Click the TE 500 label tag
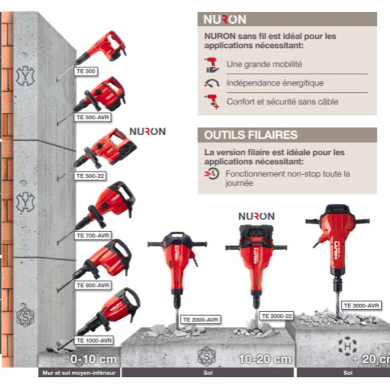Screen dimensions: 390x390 coord(86,71)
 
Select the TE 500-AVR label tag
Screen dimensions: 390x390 coord(92,117)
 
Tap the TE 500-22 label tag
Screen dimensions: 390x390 coord(90,176)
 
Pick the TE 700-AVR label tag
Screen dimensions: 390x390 coord(93,235)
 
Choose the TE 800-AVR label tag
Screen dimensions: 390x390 coord(93,285)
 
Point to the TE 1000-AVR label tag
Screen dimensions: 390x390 coord(94,340)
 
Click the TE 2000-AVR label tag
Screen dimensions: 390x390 coord(201,319)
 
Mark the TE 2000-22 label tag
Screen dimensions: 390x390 coord(277,316)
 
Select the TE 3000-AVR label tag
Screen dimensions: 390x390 coord(362,305)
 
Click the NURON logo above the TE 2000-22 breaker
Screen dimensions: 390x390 coord(256,216)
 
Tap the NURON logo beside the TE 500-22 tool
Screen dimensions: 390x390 coord(148,132)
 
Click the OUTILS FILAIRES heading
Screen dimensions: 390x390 coord(251,135)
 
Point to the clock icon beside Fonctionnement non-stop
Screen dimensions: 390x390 coord(212,173)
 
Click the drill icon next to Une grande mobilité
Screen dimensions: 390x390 coord(211,65)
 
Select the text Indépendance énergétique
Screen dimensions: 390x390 coord(275,83)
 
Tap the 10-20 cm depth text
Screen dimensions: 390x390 coord(265,359)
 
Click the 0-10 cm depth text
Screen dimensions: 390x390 coord(93,359)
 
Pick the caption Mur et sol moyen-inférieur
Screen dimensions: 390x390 coord(79,373)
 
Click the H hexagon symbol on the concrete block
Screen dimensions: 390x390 coord(347,346)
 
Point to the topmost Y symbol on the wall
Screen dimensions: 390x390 coord(25,76)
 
